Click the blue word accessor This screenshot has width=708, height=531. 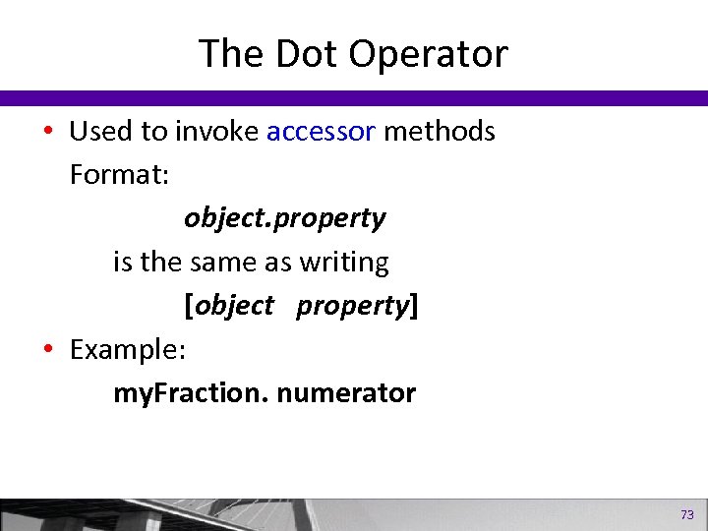[321, 131]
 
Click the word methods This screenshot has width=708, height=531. [439, 131]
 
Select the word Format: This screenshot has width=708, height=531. [119, 175]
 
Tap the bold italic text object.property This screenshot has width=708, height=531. [284, 219]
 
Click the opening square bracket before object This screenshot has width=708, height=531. [189, 307]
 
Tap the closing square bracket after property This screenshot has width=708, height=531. [413, 307]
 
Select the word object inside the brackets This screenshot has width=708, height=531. [235, 307]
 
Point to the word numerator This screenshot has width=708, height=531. [346, 394]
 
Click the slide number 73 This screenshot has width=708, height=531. [686, 514]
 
